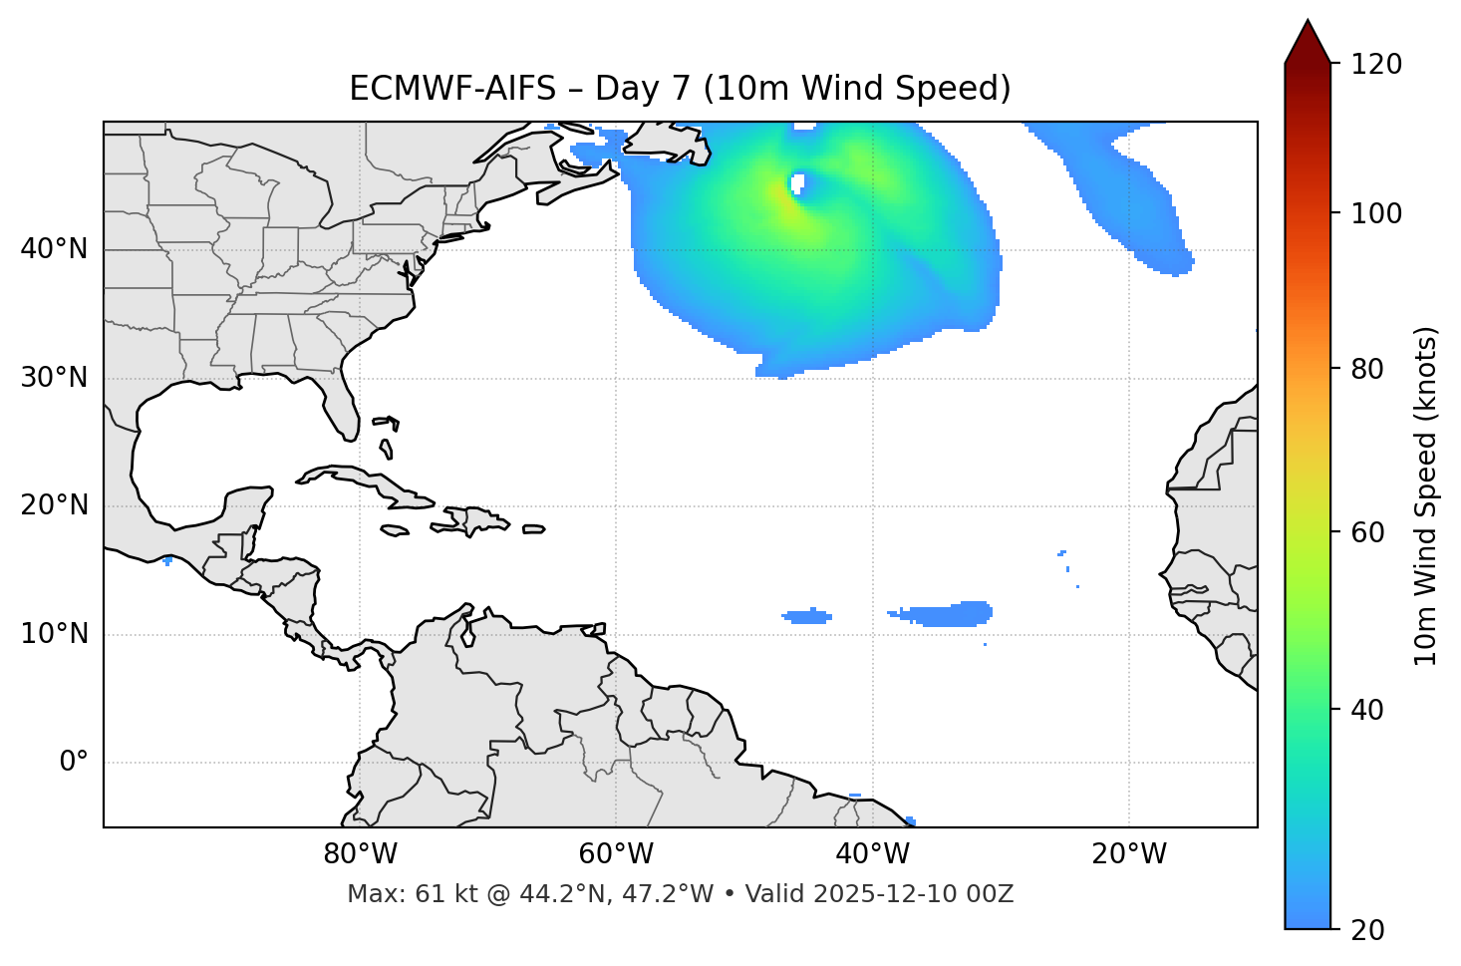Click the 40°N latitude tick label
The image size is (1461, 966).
click(54, 249)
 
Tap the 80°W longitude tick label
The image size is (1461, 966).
click(360, 854)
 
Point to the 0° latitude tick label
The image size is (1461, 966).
click(73, 763)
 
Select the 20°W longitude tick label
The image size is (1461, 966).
click(1129, 854)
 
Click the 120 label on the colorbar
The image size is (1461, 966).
click(1377, 65)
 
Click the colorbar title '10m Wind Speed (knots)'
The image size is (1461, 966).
click(1426, 495)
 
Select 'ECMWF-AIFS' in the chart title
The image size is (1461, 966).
click(452, 89)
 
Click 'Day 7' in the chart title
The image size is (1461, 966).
click(643, 89)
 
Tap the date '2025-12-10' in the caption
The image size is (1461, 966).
click(883, 894)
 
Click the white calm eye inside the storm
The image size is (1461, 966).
click(797, 183)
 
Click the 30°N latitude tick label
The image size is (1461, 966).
click(54, 378)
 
